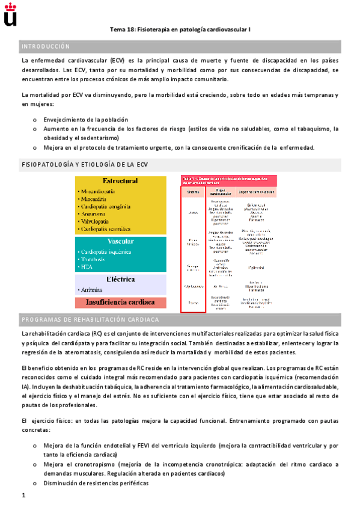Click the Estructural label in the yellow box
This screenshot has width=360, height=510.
click(x=120, y=181)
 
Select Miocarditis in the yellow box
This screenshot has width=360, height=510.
click(x=97, y=199)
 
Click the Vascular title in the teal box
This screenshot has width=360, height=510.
click(x=120, y=241)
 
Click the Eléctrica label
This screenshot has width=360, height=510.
click(x=120, y=280)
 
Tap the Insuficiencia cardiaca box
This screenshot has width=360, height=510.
click(x=120, y=303)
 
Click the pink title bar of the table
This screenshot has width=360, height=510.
click(x=228, y=180)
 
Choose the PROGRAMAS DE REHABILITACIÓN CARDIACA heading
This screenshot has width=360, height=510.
click(x=90, y=319)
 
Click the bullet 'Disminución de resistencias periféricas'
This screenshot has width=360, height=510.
click(x=96, y=483)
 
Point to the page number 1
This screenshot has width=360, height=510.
click(x=23, y=496)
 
